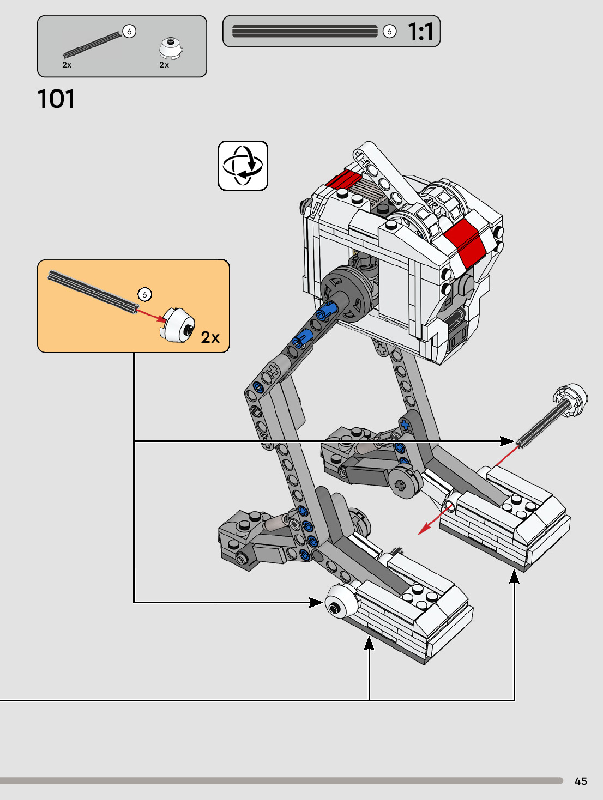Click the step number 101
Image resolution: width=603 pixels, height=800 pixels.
pyautogui.click(x=56, y=99)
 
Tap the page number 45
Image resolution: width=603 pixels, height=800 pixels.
pyautogui.click(x=581, y=781)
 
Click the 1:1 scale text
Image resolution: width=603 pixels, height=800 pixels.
pyautogui.click(x=420, y=32)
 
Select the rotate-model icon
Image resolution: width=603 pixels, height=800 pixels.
pyautogui.click(x=243, y=166)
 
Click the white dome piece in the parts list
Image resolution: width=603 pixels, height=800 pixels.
pyautogui.click(x=171, y=48)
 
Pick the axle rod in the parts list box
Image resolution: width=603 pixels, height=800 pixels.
pyautogui.click(x=92, y=45)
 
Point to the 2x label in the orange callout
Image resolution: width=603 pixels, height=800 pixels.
pyautogui.click(x=210, y=337)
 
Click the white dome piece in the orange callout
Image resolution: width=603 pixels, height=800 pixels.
pyautogui.click(x=178, y=325)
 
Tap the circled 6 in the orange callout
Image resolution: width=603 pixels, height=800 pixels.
pyautogui.click(x=144, y=294)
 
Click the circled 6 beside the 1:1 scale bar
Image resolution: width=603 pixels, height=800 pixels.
pyautogui.click(x=389, y=31)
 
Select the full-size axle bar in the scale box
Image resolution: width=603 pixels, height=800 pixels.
pyautogui.click(x=305, y=31)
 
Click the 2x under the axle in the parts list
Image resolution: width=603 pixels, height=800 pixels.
pyautogui.click(x=67, y=65)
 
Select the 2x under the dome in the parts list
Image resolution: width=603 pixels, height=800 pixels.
pyautogui.click(x=164, y=65)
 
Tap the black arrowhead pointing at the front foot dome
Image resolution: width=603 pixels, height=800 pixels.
pyautogui.click(x=317, y=602)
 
